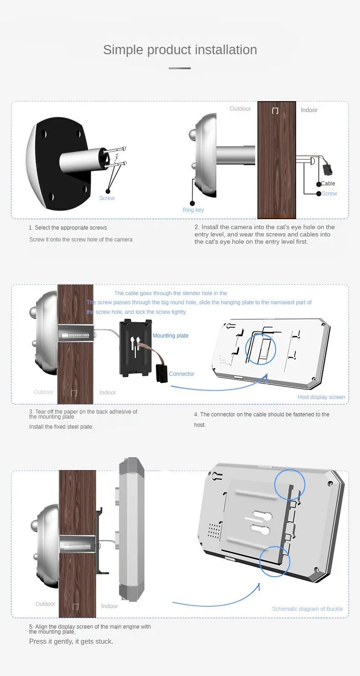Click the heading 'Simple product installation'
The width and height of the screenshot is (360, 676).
pos(180,50)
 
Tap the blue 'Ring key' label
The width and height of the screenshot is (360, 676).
pos(193,210)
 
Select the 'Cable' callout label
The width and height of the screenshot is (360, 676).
pos(328,184)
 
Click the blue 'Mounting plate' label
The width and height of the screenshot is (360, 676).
pos(170,336)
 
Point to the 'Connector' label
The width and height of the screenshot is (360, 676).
pos(181,374)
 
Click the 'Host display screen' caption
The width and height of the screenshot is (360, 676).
pos(321,397)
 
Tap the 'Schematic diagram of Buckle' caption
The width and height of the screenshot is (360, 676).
pos(308,609)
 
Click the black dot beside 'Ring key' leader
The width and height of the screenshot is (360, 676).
pos(192,203)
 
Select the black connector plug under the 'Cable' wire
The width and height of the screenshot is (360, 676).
pos(327,169)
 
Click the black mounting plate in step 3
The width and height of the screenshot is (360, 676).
pos(136,348)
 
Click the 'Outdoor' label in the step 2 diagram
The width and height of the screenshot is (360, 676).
pos(240,108)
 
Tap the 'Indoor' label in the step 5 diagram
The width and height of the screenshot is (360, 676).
pos(109,606)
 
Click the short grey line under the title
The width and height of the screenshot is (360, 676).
pos(180,68)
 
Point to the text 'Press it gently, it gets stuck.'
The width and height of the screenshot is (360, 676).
pos(71,641)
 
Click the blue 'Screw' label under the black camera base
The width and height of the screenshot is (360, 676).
pos(107,198)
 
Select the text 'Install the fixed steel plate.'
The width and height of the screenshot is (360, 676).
pos(61,427)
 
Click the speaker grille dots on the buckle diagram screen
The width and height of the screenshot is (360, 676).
pos(214,531)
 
